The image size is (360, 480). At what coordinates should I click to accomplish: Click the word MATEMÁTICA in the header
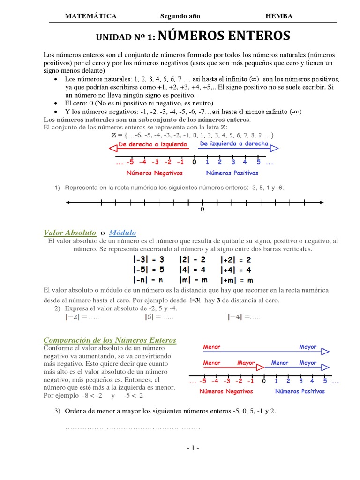(x=90, y=16)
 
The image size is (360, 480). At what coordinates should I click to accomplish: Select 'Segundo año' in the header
(x=180, y=16)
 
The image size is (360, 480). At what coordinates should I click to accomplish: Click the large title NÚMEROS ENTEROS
(x=224, y=36)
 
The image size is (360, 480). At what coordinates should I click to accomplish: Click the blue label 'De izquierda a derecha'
(x=234, y=144)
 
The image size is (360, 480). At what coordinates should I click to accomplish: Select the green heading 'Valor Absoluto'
(x=70, y=232)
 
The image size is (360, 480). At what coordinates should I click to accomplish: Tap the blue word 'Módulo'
(x=122, y=232)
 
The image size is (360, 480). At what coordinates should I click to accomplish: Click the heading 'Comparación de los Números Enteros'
(x=110, y=340)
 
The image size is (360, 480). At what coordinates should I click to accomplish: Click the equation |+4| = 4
(x=236, y=270)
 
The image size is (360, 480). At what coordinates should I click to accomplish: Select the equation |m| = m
(x=193, y=280)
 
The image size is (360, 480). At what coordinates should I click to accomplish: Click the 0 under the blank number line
(x=202, y=210)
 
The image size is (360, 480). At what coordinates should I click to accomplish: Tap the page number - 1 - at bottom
(x=193, y=448)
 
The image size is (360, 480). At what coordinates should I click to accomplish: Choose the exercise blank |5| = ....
(x=158, y=317)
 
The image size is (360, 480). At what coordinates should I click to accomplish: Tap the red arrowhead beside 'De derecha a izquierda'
(x=112, y=149)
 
